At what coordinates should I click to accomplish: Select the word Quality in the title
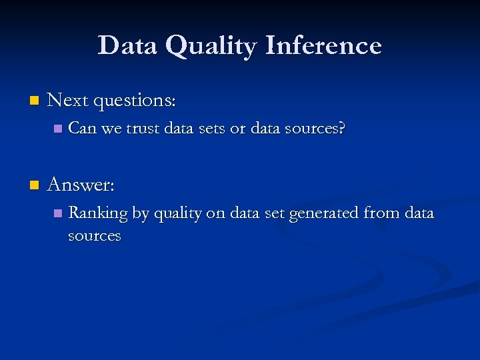[x=211, y=47]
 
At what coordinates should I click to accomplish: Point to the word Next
[x=68, y=100]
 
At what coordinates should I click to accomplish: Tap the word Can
[x=82, y=128]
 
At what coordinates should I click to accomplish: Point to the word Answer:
[x=81, y=184]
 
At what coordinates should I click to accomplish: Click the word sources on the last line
[x=95, y=236]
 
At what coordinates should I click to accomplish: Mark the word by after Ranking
[x=140, y=214]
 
